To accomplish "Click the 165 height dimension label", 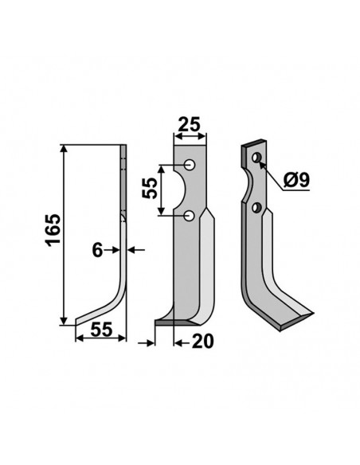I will [50, 231].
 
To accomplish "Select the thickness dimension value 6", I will [97, 250].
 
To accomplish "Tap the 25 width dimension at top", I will [189, 125].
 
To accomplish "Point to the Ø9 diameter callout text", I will [295, 181].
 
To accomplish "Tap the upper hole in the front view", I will [190, 165].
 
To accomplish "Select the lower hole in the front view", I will [190, 215].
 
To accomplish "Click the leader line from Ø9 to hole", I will [271, 170].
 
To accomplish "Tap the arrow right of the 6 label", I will [133, 250].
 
